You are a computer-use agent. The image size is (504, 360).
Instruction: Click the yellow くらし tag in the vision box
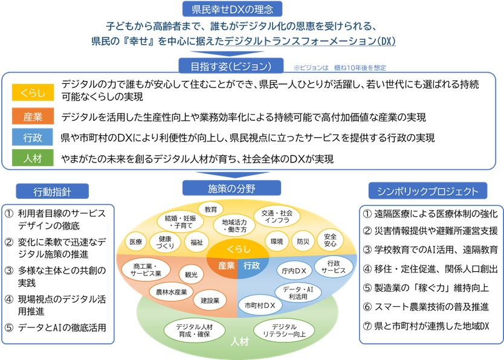(29, 93)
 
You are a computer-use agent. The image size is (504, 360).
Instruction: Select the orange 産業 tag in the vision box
(29, 116)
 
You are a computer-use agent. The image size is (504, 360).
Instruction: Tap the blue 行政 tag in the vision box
(29, 138)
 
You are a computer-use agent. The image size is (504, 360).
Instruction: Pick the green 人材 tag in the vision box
(29, 159)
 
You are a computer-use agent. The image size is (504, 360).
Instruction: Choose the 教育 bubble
(211, 210)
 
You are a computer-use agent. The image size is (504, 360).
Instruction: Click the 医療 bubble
(136, 242)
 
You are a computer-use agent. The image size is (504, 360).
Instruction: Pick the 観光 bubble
(191, 273)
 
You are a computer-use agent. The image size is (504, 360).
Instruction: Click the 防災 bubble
(303, 242)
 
